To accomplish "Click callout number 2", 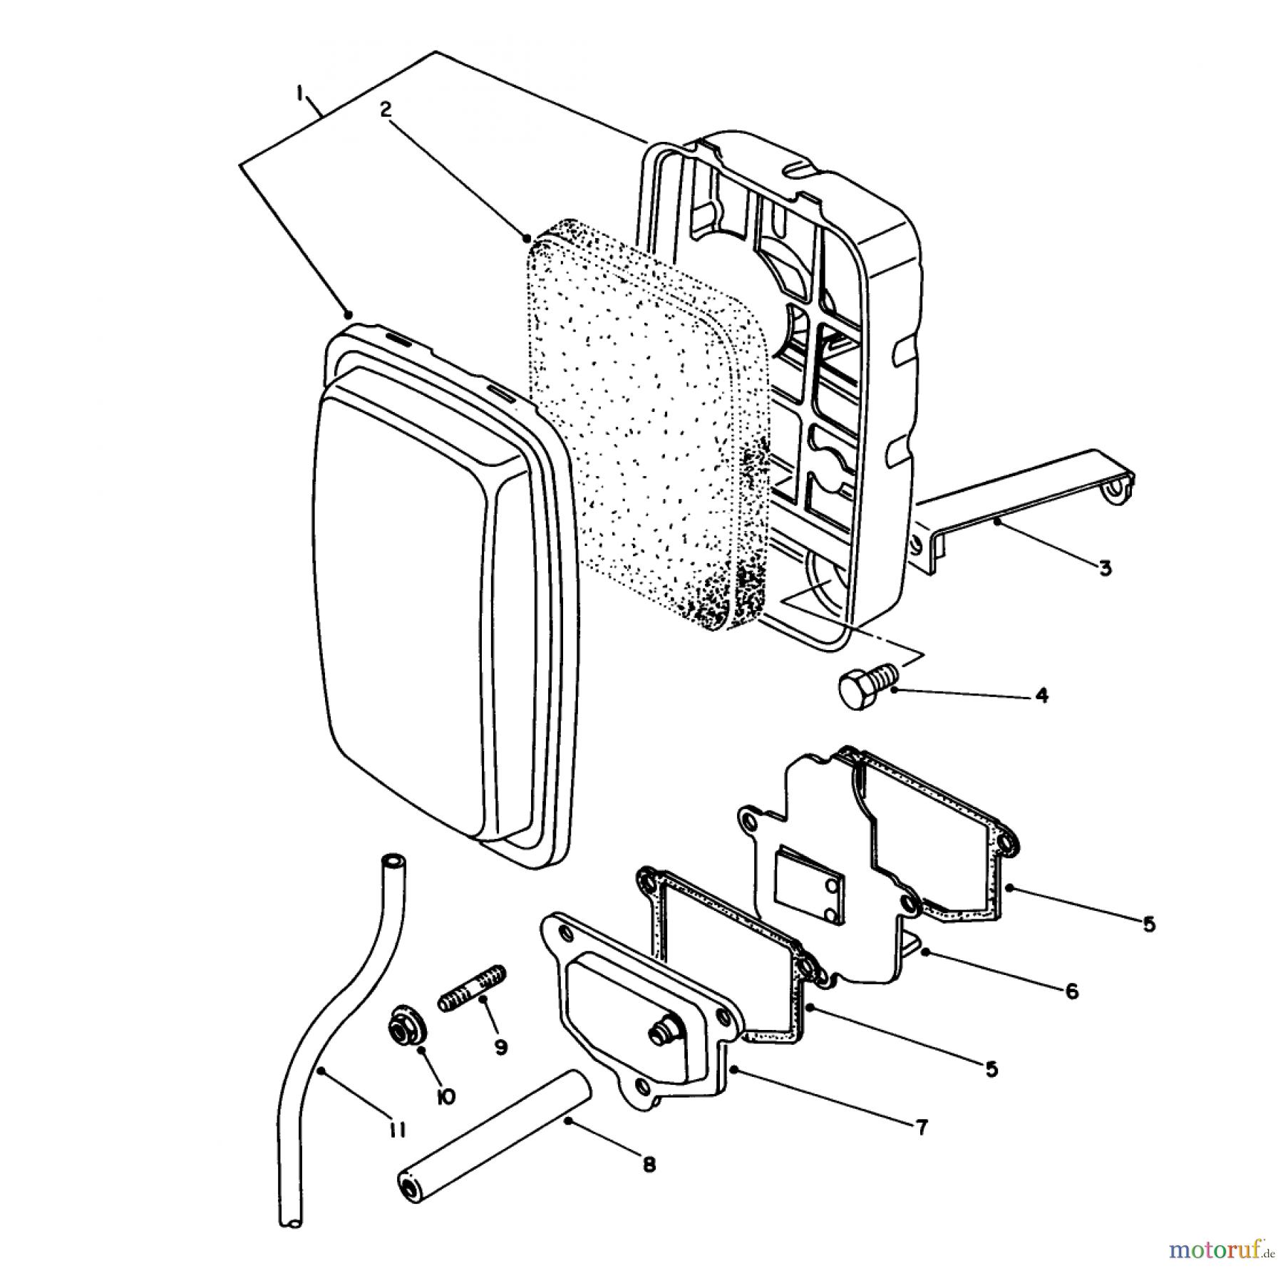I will coord(386,109).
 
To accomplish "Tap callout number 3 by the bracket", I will coord(1104,568).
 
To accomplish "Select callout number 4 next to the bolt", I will coord(1041,694).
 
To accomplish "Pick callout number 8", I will coord(648,1165).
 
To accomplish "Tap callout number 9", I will coord(500,1047).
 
